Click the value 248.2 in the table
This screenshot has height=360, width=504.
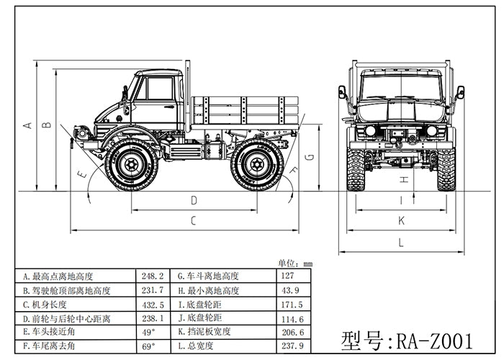(152, 276)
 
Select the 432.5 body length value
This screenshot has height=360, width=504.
(152, 304)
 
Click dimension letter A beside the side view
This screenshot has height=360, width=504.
(28, 125)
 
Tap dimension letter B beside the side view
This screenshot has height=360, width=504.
(47, 125)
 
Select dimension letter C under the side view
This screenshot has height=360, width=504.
(193, 221)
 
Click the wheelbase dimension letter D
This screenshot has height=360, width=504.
(194, 200)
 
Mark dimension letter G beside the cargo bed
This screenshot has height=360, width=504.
(309, 156)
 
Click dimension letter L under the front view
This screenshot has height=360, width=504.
(401, 241)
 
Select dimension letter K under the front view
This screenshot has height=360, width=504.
(401, 220)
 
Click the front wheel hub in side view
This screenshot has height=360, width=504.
(131, 164)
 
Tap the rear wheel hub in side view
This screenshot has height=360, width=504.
(256, 164)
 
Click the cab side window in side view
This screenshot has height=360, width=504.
(160, 89)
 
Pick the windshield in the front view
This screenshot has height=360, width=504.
(400, 87)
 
